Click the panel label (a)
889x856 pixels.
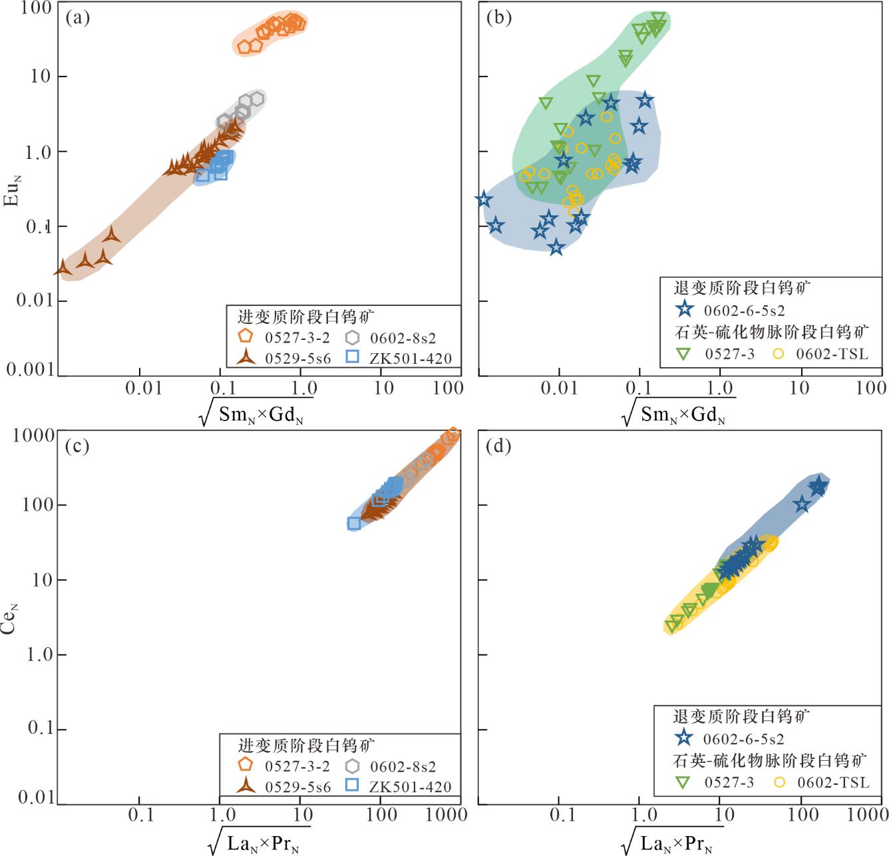pos(78,18)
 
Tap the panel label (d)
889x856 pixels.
pos(499,446)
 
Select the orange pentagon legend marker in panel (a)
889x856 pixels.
pos(246,337)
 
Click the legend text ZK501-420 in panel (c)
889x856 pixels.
pos(411,787)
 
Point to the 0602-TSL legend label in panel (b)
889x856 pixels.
pos(832,354)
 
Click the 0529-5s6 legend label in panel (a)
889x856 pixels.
pos(297,358)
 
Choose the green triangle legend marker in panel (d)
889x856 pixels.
pos(683,782)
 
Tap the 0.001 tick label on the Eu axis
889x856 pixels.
pos(31,369)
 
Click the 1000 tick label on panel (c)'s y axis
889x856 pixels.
pos(34,435)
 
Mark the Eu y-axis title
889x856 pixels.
pos(11,190)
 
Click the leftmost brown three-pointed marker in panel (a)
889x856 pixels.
pos(63,268)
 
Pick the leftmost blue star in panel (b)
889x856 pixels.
pos(483,200)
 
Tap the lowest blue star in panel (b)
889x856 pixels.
pos(556,247)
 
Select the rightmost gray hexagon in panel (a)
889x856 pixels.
pos(257,99)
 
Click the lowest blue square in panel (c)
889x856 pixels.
pos(354,523)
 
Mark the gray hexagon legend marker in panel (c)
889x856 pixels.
pos(353,766)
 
